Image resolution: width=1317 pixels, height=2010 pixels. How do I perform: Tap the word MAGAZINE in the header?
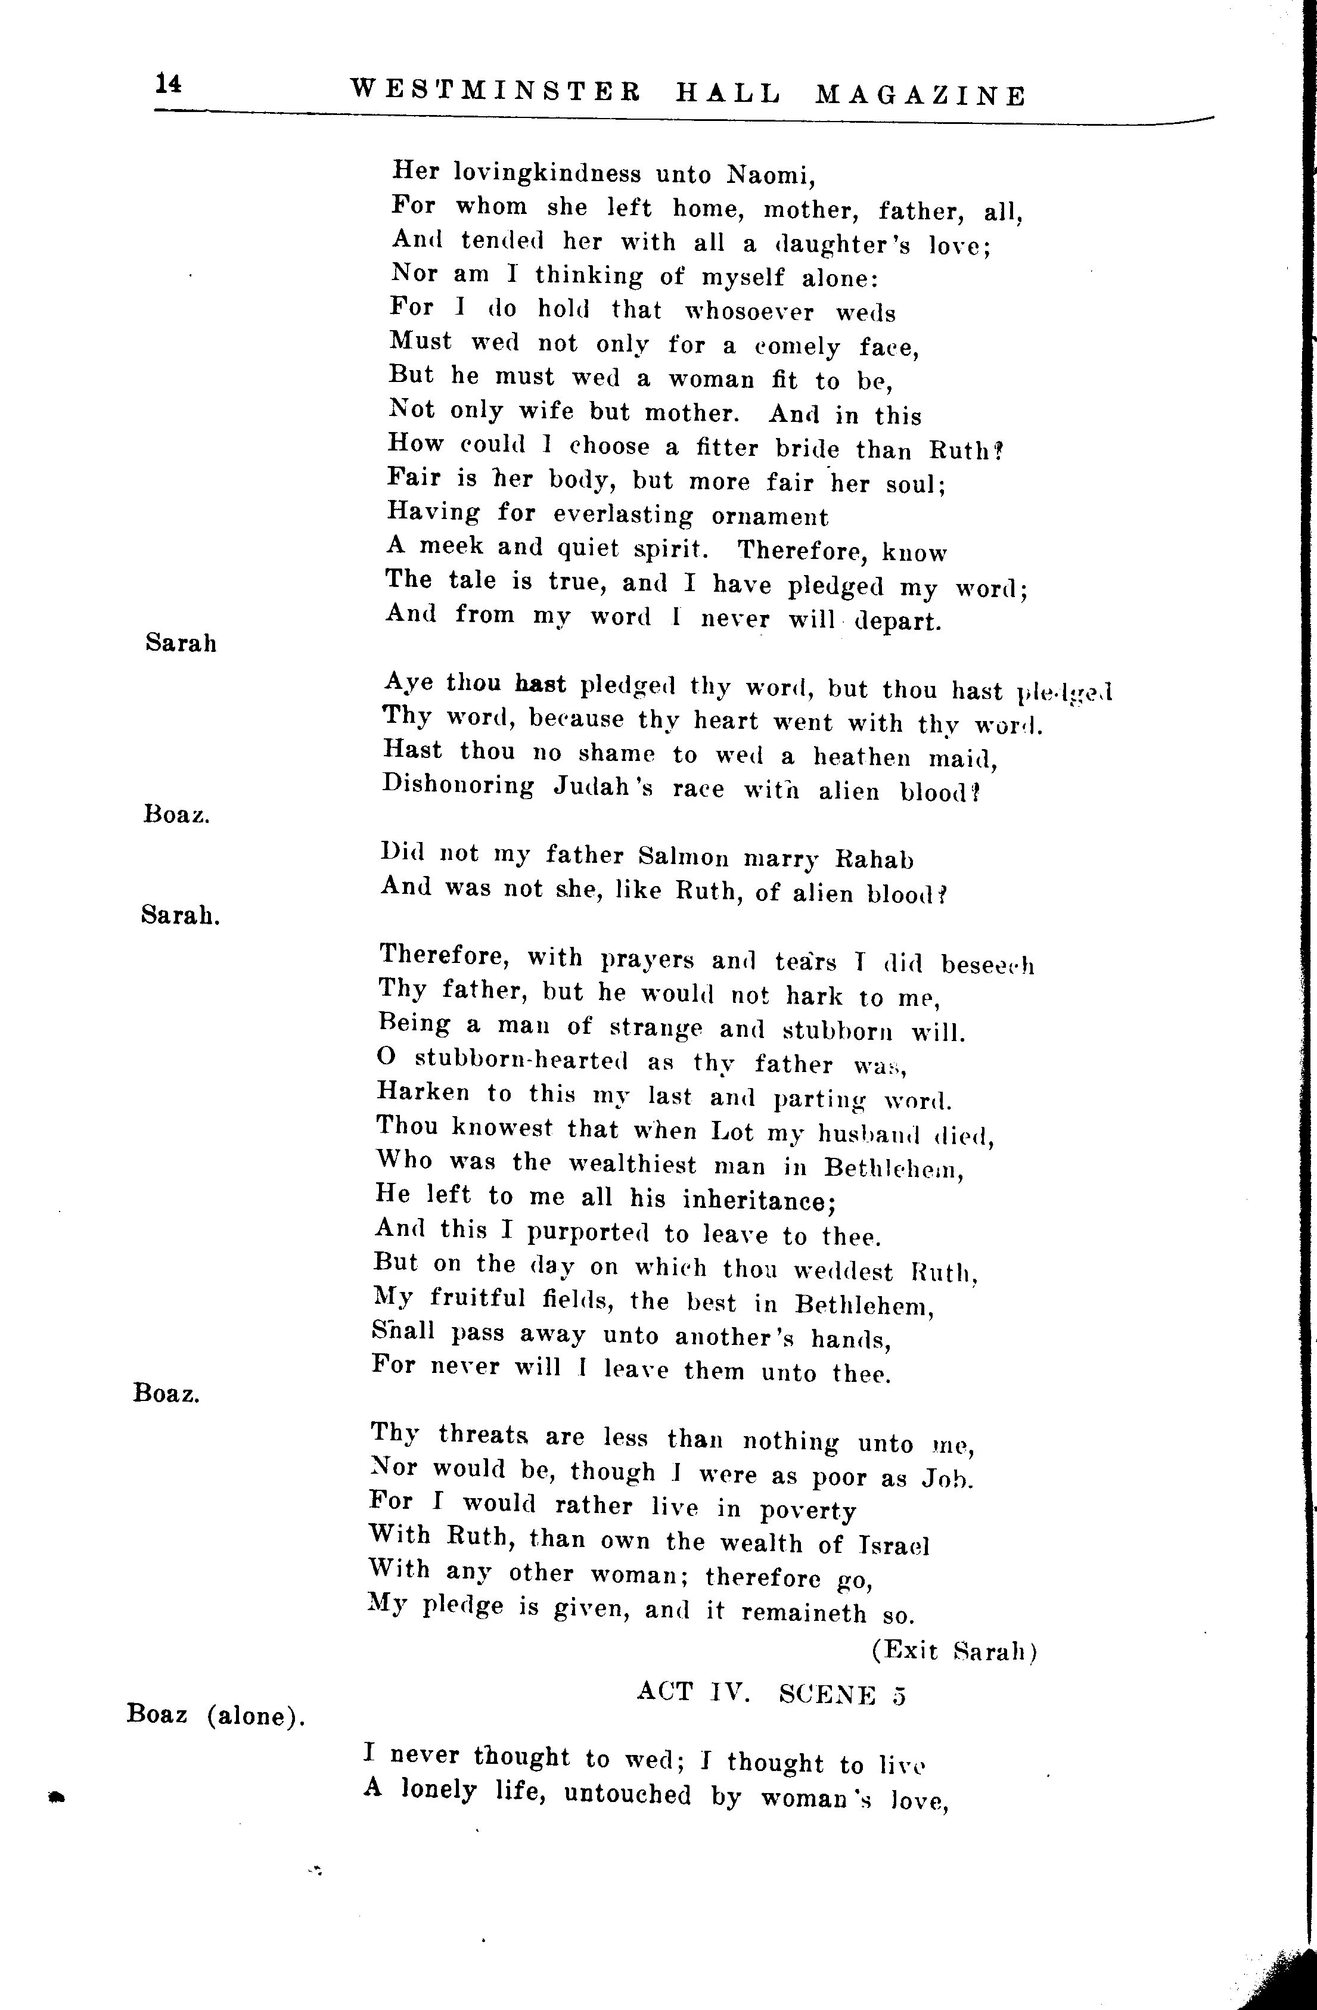[x=921, y=95]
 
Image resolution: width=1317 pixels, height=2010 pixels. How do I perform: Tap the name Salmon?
[x=684, y=857]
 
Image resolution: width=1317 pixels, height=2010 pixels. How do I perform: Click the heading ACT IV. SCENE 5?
[x=771, y=1692]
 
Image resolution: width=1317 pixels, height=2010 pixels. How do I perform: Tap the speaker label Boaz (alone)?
[x=215, y=1715]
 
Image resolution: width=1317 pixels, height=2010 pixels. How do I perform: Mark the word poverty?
[x=807, y=1511]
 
